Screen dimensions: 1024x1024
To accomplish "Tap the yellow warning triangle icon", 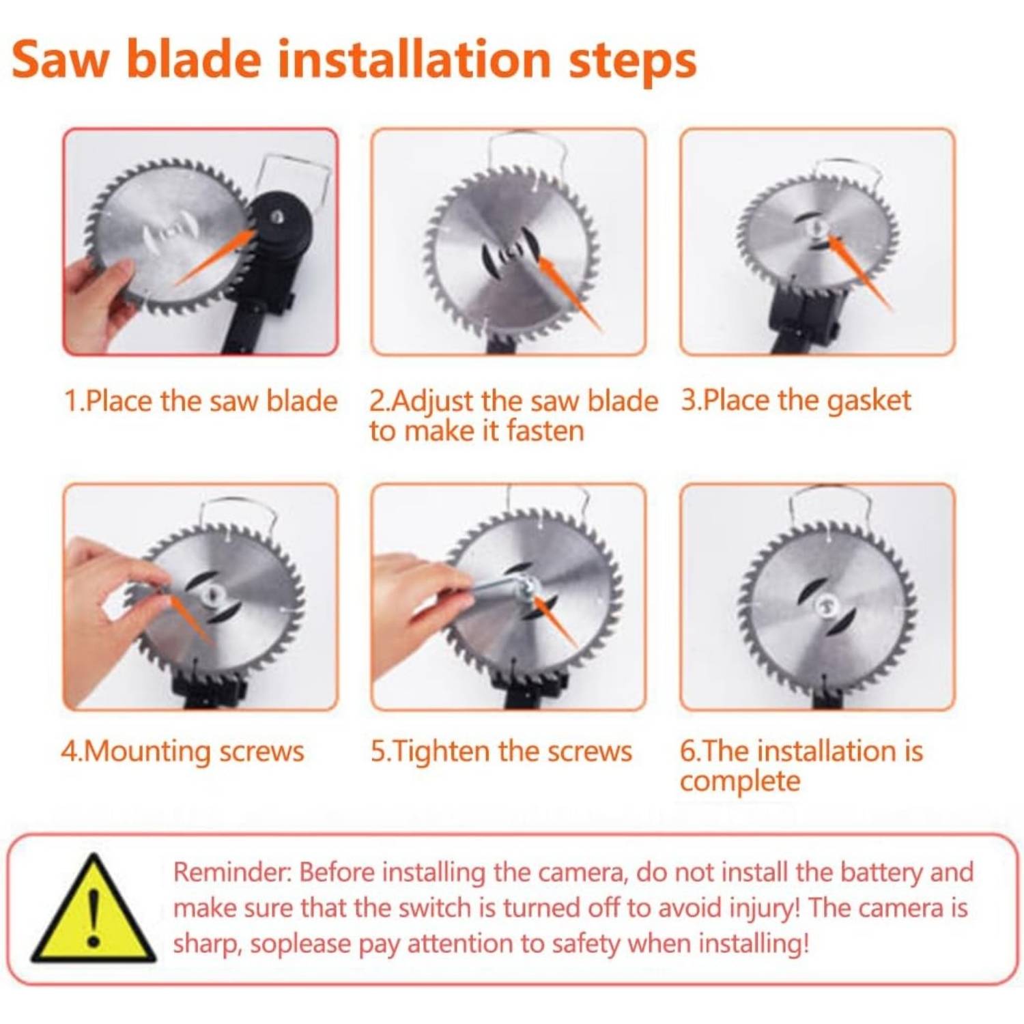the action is click(94, 909).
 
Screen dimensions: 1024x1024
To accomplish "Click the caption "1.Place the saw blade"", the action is click(201, 401).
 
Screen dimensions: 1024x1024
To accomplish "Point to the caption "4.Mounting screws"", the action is click(182, 752).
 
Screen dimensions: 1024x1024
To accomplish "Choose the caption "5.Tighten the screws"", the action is click(502, 751).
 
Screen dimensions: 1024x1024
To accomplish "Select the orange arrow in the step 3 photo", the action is click(859, 273).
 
